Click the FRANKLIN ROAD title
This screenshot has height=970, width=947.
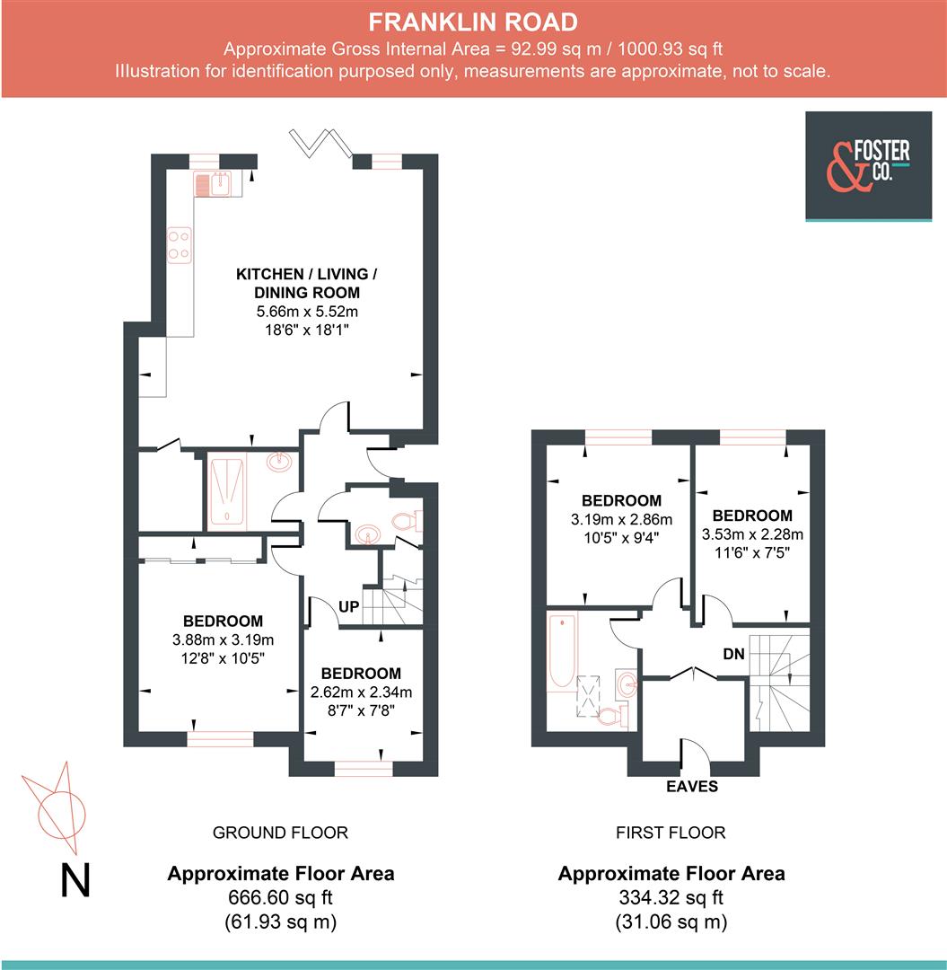point(473,22)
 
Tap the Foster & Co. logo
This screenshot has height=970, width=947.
point(868,166)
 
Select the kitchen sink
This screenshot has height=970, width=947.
point(213,184)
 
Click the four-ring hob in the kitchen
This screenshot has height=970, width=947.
point(180,245)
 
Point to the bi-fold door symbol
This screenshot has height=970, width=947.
point(321,142)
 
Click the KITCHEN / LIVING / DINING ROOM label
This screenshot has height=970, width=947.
point(307,283)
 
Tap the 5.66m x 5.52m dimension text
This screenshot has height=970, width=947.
point(307,311)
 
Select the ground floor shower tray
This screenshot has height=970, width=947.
point(226,491)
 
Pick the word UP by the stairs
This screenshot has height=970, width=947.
point(348,607)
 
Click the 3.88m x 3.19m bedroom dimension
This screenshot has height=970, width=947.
point(223,639)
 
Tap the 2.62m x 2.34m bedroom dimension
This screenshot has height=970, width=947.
point(361,692)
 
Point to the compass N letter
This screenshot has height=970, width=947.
point(75,880)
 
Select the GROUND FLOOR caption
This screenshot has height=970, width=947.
point(280,833)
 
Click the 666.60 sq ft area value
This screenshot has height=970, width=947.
point(280,897)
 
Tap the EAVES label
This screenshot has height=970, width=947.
point(692,786)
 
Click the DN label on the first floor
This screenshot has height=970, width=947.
point(733,654)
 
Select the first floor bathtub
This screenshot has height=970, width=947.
point(562,651)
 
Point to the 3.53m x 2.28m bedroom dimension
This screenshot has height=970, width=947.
point(752,533)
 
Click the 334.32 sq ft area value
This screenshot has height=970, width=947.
point(671,897)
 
